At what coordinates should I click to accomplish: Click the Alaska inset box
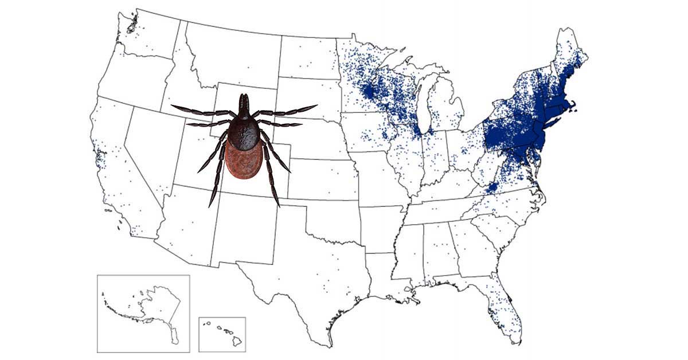point(143,313)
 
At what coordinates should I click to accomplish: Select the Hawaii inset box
point(222,334)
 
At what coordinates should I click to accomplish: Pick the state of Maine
point(570,57)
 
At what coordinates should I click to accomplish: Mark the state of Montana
point(229,54)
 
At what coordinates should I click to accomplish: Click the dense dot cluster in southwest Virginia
point(491,187)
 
